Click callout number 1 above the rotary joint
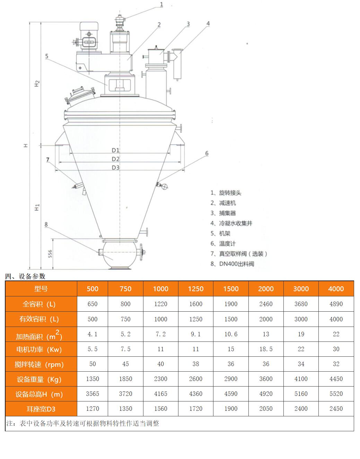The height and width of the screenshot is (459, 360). click(161, 5)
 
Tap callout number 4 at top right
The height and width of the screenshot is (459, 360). click(208, 24)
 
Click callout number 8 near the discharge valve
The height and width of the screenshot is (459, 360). click(46, 225)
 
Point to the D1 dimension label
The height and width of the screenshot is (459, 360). click(115, 150)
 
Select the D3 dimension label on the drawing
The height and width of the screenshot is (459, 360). click(115, 167)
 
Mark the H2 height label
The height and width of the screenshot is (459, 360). click(37, 84)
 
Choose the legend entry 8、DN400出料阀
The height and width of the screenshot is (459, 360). click(232, 264)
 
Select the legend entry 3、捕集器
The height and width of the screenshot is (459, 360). click(223, 213)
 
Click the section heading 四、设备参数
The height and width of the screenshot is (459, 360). click(25, 276)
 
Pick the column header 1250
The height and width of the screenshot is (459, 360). click(196, 289)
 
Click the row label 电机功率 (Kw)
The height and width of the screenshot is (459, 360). click(41, 349)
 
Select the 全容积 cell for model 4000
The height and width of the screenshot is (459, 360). click(336, 304)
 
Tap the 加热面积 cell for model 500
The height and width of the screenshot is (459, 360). click(93, 334)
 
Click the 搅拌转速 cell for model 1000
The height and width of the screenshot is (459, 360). click(161, 364)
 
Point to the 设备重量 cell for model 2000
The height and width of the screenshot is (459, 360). click(266, 379)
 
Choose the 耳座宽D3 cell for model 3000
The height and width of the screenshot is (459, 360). click(301, 409)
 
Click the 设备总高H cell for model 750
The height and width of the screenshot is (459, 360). click(125, 394)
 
